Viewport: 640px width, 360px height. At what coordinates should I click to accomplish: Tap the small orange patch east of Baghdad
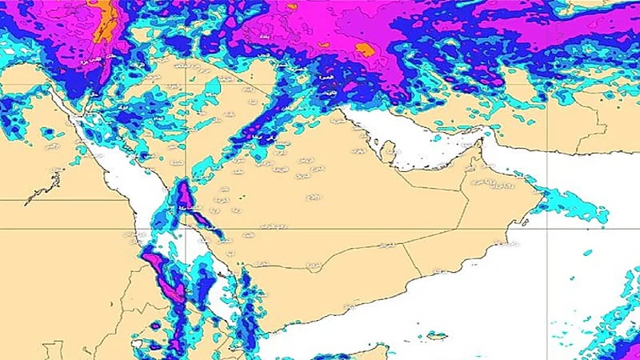364,50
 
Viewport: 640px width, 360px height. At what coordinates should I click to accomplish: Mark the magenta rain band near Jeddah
185,198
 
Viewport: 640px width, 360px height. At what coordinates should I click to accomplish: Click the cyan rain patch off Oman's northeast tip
572,204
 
